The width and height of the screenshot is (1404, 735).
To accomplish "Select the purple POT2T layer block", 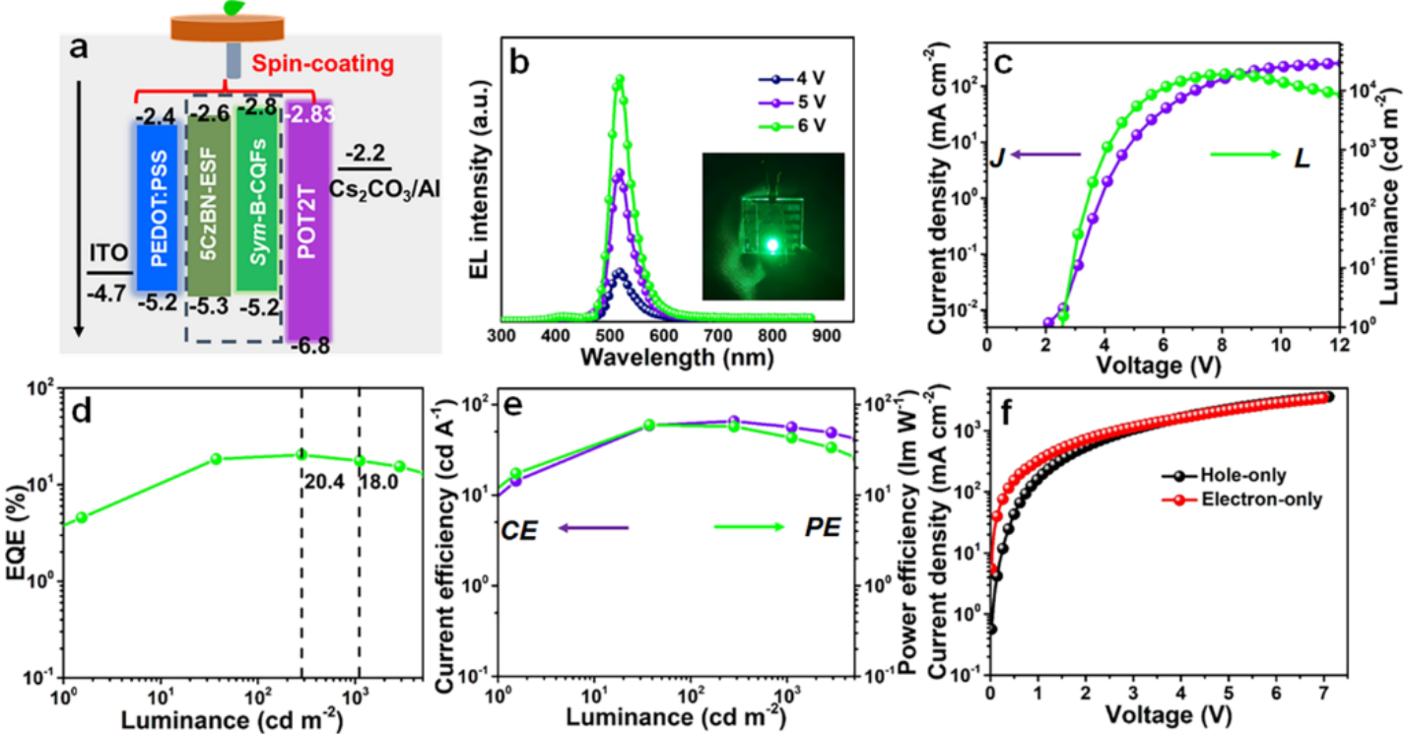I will tap(308, 217).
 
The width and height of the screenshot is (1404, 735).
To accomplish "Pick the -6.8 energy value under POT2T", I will tap(309, 348).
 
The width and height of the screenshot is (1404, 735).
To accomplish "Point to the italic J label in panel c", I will tap(996, 157).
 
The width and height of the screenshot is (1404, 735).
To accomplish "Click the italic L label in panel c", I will tap(1302, 158).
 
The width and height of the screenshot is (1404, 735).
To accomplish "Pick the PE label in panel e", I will tap(822, 529).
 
